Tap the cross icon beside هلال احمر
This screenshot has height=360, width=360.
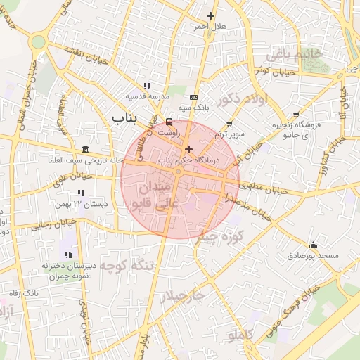tap(210, 15)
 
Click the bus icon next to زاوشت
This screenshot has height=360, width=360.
tap(167, 122)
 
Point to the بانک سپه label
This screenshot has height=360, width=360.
tap(194, 108)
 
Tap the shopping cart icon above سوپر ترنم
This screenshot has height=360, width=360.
tap(229, 123)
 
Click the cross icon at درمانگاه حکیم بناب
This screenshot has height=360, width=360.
tap(188, 149)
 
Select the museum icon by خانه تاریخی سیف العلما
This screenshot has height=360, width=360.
tap(85, 149)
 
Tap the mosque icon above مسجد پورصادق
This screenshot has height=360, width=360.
tap(312, 245)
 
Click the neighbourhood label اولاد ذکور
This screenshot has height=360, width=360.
tap(243, 100)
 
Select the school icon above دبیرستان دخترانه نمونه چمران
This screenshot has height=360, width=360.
tap(67, 255)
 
